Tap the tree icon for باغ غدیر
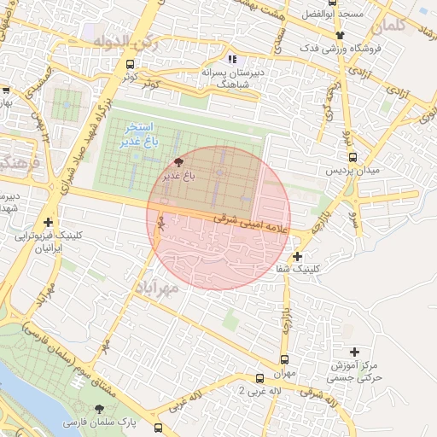tap(178, 161)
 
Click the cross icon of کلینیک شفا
tap(297, 256)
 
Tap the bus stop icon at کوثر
tap(130, 64)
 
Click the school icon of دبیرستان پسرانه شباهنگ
tap(231, 60)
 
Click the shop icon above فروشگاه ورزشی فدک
tap(341, 35)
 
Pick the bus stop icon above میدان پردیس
tap(353, 157)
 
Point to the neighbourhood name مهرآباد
tap(156, 290)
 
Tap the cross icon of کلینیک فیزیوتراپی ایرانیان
tap(49, 222)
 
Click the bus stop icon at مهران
tap(284, 360)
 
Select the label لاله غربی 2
tap(232, 392)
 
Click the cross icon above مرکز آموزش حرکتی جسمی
tap(355, 352)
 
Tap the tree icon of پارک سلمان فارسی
tap(90, 409)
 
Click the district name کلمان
tap(389, 26)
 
